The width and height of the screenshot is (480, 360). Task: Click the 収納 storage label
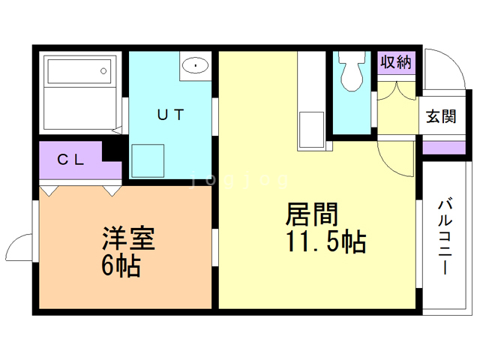click(395, 62)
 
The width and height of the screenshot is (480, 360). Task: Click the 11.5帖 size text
click(325, 241)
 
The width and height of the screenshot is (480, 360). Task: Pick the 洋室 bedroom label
click(129, 240)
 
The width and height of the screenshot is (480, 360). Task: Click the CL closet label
click(70, 159)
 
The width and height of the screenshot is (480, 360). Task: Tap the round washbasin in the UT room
click(196, 65)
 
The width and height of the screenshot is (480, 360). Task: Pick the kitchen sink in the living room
click(310, 130)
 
